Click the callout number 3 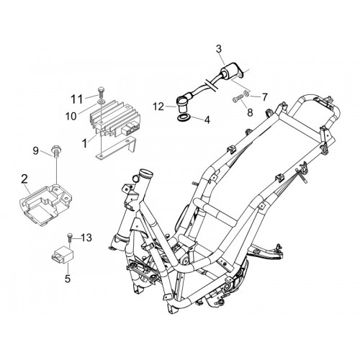coord(219,49)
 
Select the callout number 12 coord(158,107)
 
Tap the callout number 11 coord(77,99)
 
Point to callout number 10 coord(71,117)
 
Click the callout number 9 coord(35,150)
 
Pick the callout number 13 coord(86,238)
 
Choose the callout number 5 coord(68,278)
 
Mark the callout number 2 coord(24,179)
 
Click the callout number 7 coord(264,97)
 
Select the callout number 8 coord(250,112)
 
